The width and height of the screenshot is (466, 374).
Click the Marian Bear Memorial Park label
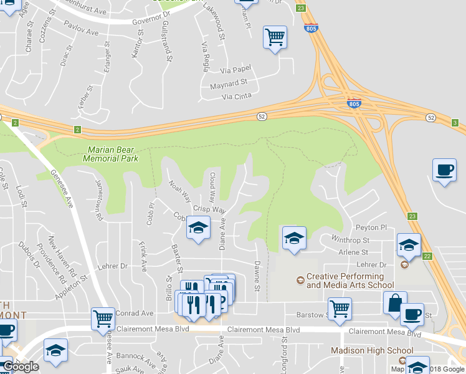112,154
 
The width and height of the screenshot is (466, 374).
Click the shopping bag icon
395,304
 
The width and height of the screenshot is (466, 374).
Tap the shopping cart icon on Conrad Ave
103,319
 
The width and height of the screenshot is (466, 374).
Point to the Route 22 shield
427,256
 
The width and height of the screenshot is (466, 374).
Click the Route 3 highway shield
455,122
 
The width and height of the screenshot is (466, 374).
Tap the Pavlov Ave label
82,27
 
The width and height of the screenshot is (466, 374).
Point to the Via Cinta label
237,96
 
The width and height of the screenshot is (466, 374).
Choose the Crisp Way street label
209,210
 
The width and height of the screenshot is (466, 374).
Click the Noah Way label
179,191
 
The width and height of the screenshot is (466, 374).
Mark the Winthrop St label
351,239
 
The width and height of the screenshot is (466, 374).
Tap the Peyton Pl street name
372,228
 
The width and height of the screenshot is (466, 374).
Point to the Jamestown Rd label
98,198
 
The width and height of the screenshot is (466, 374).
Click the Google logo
21,367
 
